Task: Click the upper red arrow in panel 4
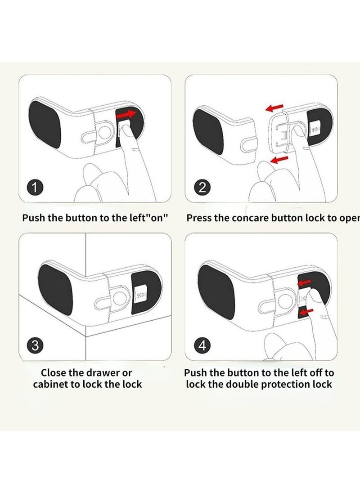click(306, 282)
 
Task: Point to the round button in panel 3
click(119, 299)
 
